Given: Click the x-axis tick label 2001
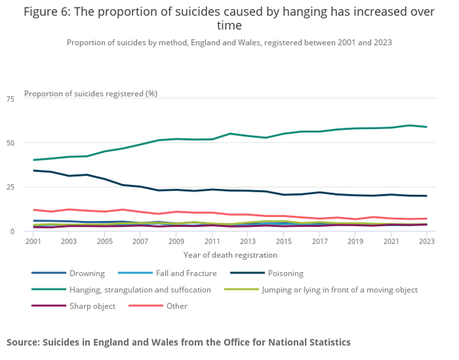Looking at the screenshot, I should pyautogui.click(x=33, y=242).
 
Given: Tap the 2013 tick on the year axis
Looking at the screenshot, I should pyautogui.click(x=248, y=242).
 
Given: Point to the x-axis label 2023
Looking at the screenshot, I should pyautogui.click(x=426, y=242).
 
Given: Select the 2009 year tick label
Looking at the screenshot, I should pyautogui.click(x=176, y=242).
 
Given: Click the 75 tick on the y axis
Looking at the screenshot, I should pyautogui.click(x=11, y=99).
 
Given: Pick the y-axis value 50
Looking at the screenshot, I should pyautogui.click(x=11, y=143).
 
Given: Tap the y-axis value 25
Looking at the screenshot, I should pyautogui.click(x=11, y=187).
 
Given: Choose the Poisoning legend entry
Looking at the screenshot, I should pyautogui.click(x=284, y=274).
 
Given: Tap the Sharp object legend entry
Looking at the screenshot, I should pyautogui.click(x=92, y=306).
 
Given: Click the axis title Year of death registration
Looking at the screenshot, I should pyautogui.click(x=229, y=255).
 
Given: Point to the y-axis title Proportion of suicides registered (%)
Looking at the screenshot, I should pyautogui.click(x=91, y=93).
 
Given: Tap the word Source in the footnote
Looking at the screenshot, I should pyautogui.click(x=24, y=342).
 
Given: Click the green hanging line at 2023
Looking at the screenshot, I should pyautogui.click(x=426, y=127).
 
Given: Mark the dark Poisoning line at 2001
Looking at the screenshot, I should pyautogui.click(x=34, y=170).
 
